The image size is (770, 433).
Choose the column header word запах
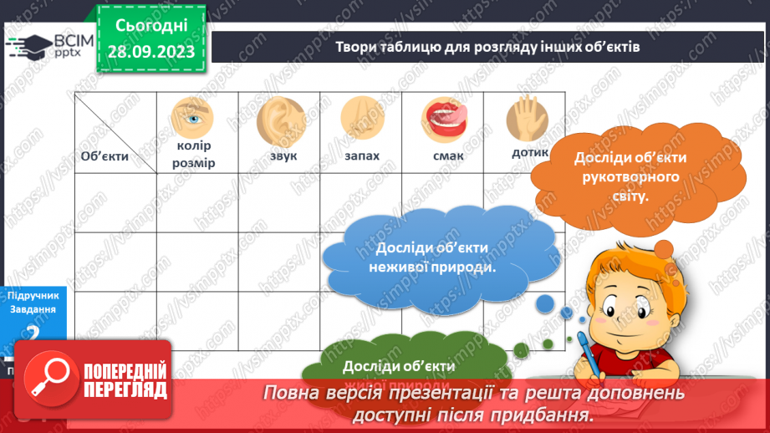pos(360,155)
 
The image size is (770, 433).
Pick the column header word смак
pos(449,155)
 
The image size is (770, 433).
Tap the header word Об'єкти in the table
pos(105,156)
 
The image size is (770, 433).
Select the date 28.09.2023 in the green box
pos(150,52)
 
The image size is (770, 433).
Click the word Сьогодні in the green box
pos(150,26)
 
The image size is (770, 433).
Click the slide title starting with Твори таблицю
pos(487,47)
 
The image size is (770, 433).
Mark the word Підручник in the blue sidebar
pos(33,295)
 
